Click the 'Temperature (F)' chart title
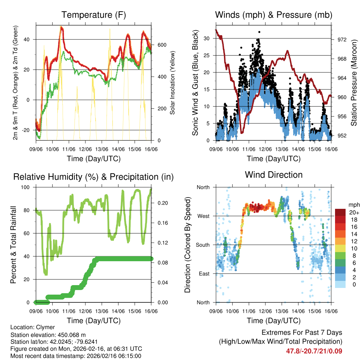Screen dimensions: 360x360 [x=94, y=15]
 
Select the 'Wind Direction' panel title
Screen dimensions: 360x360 [x=274, y=175]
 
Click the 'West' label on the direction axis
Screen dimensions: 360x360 [x=203, y=216]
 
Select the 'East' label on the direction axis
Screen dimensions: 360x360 [x=204, y=274]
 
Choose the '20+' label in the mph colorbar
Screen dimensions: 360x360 [x=353, y=212]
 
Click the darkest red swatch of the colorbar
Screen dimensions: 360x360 [x=340, y=212]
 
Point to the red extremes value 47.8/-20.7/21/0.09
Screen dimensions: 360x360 [x=314, y=351]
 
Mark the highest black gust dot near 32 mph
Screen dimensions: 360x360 [x=259, y=32]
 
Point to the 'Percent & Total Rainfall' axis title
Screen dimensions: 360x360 [x=13, y=245]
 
